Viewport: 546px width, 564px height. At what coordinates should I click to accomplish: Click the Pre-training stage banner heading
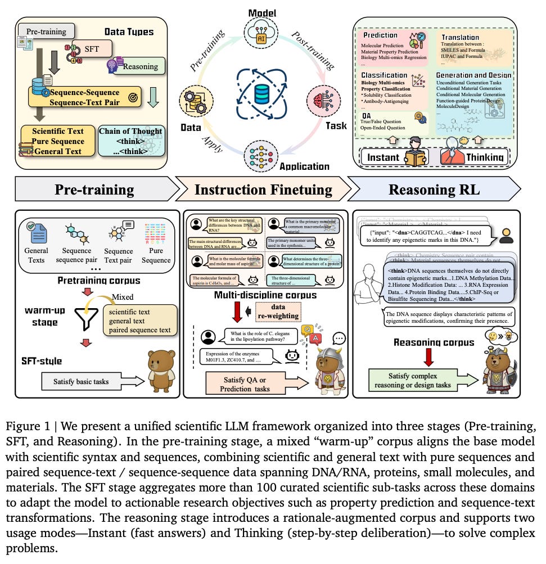click(x=94, y=189)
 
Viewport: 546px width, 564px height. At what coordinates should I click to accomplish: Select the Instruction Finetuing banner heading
click(x=263, y=189)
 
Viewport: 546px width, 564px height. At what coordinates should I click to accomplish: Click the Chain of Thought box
click(x=132, y=141)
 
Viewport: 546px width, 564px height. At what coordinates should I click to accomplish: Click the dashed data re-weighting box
click(x=278, y=312)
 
